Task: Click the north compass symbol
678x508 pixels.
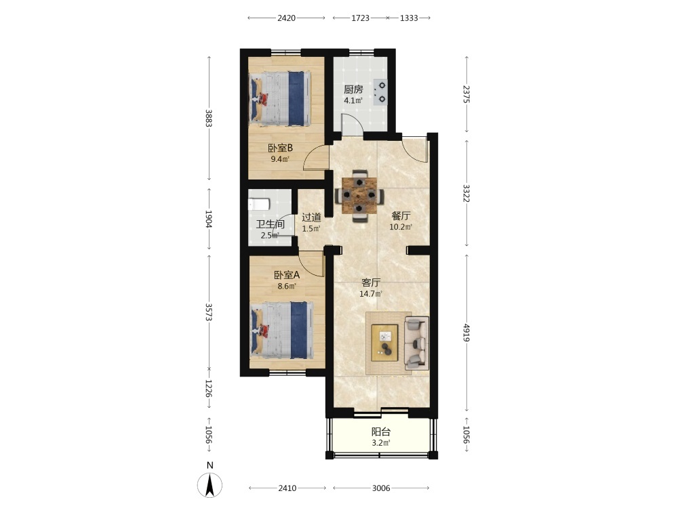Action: (x=210, y=484)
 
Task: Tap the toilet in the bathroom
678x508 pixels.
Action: (x=258, y=203)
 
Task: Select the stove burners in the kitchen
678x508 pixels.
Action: (x=380, y=92)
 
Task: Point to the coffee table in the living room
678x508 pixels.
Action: (x=384, y=343)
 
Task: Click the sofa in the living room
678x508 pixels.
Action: (x=416, y=343)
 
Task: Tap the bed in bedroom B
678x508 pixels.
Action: (x=280, y=99)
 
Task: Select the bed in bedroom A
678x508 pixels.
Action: (x=282, y=330)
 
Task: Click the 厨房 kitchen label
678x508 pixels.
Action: (x=353, y=89)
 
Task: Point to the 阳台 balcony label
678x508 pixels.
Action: (x=381, y=431)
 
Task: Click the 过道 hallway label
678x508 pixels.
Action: (x=311, y=217)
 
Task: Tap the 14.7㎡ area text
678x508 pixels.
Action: (x=371, y=294)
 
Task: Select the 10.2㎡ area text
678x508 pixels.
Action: (x=401, y=227)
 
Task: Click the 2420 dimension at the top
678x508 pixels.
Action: (x=286, y=18)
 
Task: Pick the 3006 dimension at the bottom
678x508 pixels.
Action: (x=381, y=488)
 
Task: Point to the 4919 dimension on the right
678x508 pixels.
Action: (x=466, y=333)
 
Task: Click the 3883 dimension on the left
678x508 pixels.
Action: (x=209, y=118)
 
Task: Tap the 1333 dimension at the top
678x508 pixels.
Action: (x=409, y=18)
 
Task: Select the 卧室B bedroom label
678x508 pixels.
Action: (x=280, y=148)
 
